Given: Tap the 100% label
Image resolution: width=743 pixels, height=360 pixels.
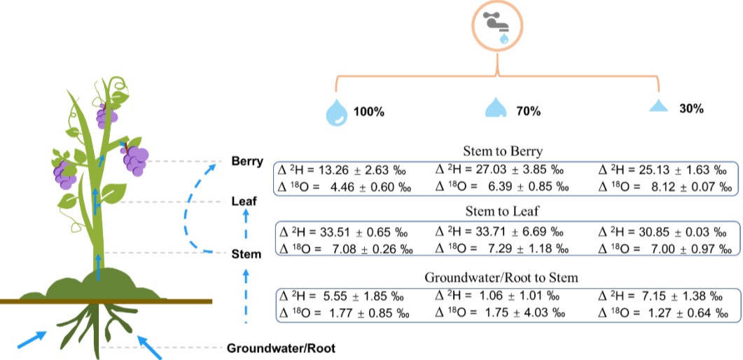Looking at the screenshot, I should pos(368,111).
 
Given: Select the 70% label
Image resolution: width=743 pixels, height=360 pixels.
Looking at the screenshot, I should pos(529,111).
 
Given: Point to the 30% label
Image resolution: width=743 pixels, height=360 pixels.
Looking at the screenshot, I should pos(691,109).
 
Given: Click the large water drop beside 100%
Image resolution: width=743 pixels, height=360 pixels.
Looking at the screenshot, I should pos(336,111).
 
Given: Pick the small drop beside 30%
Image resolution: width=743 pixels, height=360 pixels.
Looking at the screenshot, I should pos(658,106).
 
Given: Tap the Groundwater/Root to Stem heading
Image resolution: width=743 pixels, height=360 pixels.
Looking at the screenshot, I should pos(501,278).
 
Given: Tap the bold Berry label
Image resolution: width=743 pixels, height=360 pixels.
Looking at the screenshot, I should pos(246,162).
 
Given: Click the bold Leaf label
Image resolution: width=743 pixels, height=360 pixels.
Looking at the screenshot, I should pos(244,202).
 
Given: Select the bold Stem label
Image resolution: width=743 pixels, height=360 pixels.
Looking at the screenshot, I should pos(246,254).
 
